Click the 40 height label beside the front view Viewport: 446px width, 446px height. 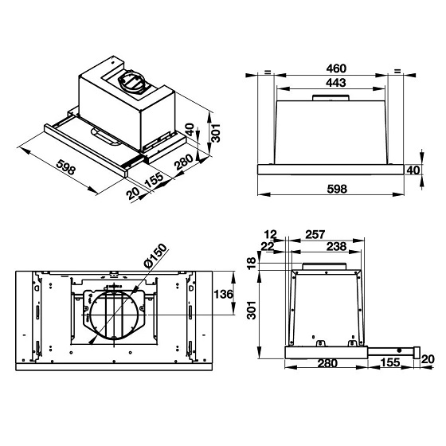pyautogui.click(x=413, y=171)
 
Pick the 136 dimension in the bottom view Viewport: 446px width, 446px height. pyautogui.click(x=225, y=295)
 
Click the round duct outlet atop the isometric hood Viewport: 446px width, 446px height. pyautogui.click(x=131, y=82)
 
